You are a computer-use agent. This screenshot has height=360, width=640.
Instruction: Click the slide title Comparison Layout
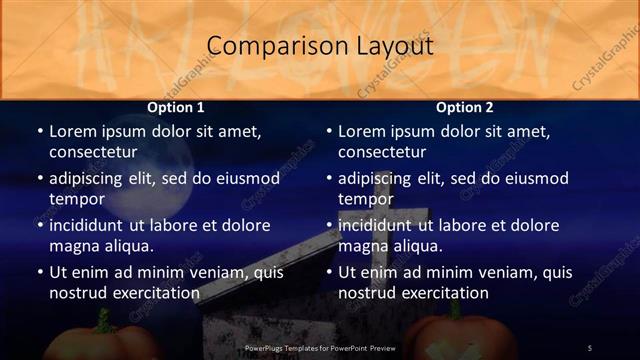click(x=320, y=46)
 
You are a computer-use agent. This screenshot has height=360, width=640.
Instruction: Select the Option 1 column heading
click(x=176, y=107)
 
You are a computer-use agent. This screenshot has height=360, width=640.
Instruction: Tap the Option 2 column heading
click(x=465, y=107)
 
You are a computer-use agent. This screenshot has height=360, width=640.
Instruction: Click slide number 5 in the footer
click(x=589, y=348)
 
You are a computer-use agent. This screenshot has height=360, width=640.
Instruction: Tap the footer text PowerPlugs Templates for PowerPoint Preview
click(x=321, y=348)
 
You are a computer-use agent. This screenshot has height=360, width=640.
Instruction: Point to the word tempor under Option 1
click(x=76, y=199)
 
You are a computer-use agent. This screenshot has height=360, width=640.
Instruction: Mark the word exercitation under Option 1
click(x=155, y=294)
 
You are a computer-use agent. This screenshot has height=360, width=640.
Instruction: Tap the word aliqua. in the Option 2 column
click(x=417, y=246)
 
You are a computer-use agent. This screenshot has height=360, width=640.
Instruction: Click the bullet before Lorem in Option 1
click(x=39, y=131)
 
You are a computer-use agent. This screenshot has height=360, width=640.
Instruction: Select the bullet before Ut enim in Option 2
click(x=328, y=272)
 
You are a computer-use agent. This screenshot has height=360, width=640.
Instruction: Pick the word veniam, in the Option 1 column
click(x=204, y=272)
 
